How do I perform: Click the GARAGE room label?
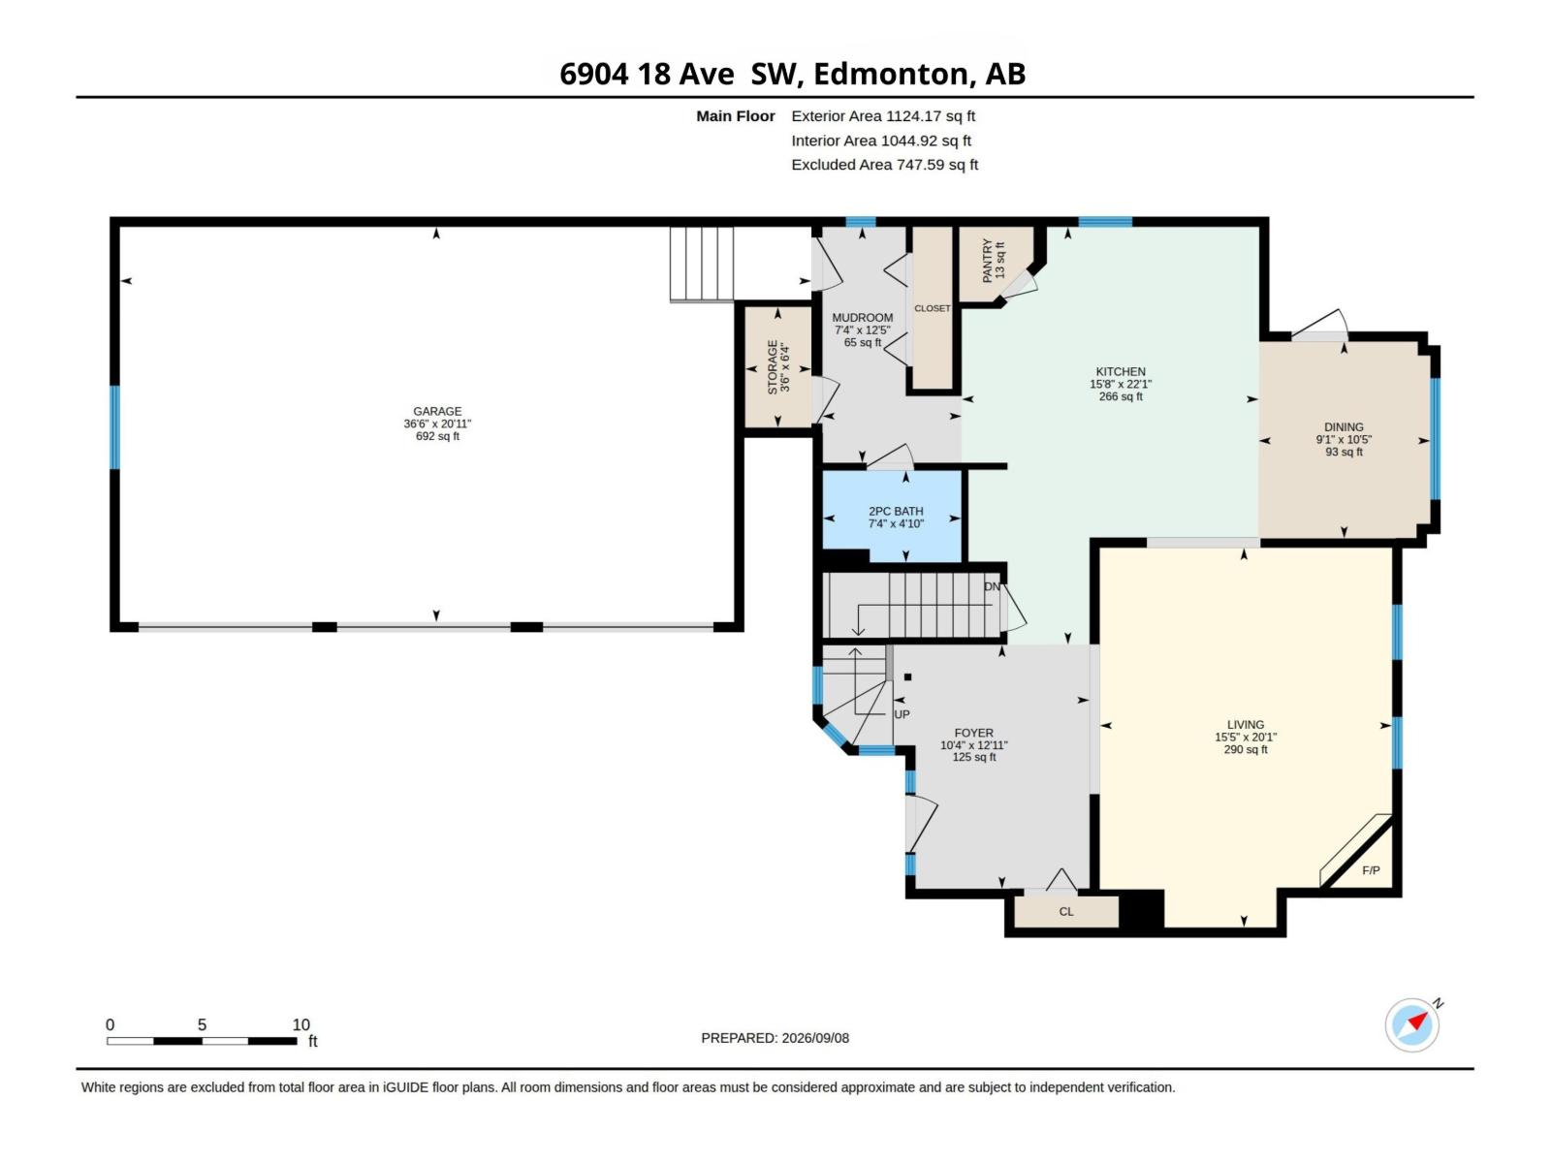436,411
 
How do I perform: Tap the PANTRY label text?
987,261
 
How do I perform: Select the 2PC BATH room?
892,517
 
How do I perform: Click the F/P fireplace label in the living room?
1370,870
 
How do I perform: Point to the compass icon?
1411,1024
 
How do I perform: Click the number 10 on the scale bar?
301,1023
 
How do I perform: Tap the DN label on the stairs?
992,586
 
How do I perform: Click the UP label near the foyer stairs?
902,714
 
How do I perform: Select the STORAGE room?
778,366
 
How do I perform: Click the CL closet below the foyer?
1066,912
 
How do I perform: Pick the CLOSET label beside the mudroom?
932,308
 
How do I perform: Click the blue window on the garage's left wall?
114,426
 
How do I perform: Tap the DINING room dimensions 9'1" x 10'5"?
1344,439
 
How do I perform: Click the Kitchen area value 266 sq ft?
1120,396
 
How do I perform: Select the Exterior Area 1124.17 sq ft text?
882,115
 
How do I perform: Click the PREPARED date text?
775,1038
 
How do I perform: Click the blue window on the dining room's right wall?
1435,438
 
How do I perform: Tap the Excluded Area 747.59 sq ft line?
884,165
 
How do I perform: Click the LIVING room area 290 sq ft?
1245,749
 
